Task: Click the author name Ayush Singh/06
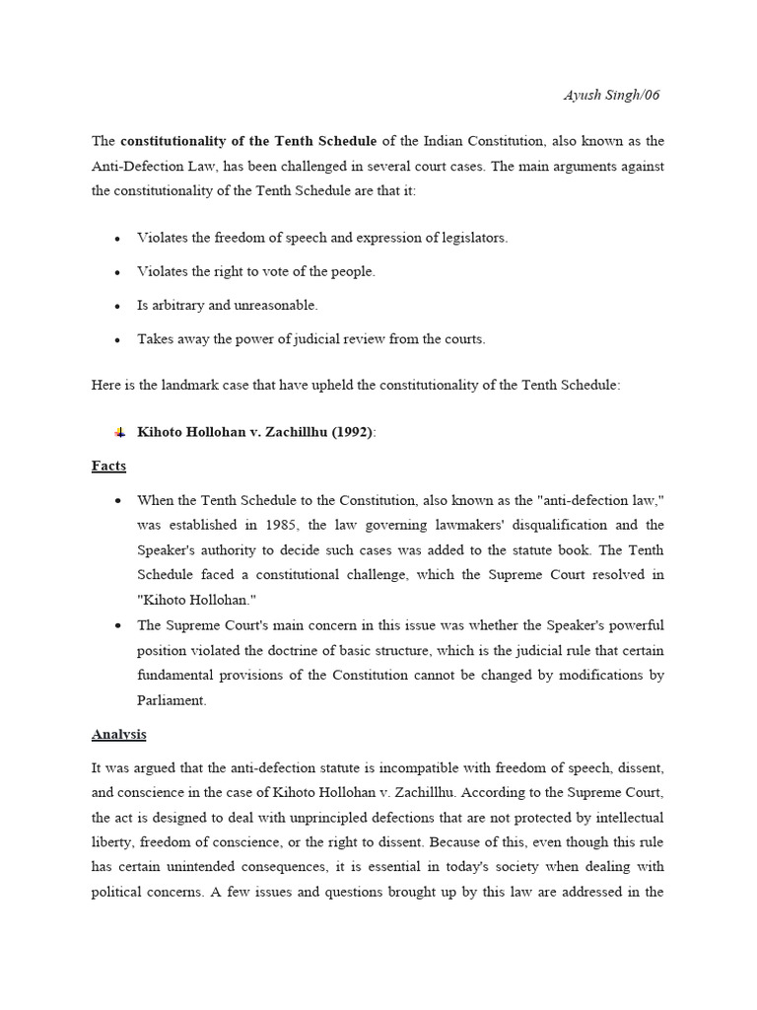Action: [611, 96]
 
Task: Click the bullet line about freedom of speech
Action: [322, 238]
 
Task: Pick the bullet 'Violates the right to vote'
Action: [255, 271]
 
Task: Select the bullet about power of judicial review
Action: [310, 338]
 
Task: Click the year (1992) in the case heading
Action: [353, 432]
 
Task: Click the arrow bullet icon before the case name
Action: [118, 433]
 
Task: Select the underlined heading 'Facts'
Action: [108, 466]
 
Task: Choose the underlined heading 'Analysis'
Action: [118, 734]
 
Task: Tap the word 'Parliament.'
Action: [172, 700]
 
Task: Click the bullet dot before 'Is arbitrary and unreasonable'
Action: [117, 306]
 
